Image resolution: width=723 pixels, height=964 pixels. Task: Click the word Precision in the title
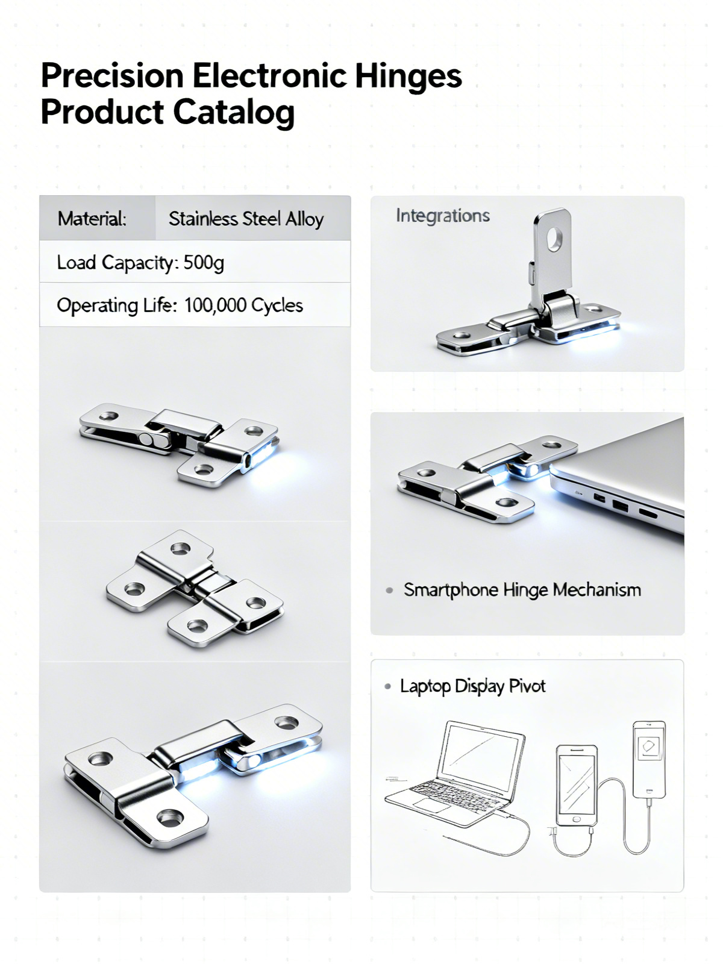coord(112,75)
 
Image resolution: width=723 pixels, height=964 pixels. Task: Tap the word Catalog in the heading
coord(234,113)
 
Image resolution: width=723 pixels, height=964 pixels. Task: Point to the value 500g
coord(204,263)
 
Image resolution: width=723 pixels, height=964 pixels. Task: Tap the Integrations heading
coord(442,216)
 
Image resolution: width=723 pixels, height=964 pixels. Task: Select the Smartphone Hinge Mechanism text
coord(522,590)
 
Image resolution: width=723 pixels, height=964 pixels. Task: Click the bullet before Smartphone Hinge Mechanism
coord(389,590)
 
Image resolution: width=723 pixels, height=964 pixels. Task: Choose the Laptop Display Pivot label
coord(472,686)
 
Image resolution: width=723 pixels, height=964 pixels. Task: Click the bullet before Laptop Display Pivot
coord(387,686)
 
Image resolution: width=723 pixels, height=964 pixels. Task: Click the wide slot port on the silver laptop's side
coord(648,513)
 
